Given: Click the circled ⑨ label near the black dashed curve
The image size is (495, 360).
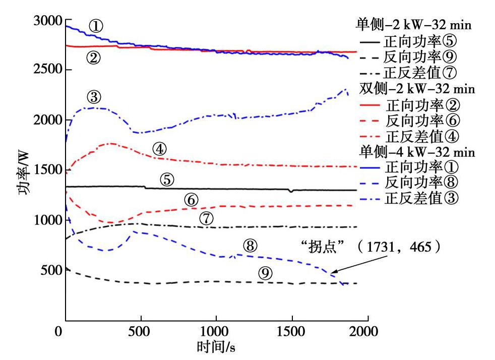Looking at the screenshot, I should pos(266,273).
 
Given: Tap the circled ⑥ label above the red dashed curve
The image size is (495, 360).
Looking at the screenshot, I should pos(191,200).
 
